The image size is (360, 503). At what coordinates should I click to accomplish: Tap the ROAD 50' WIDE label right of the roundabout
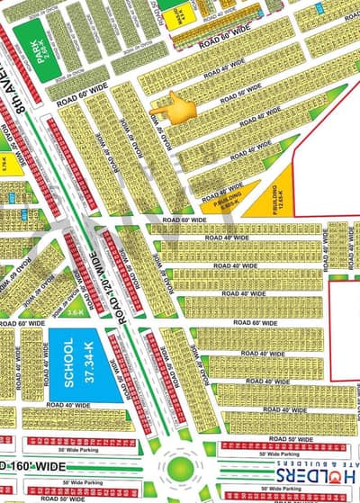tap(286, 442)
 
